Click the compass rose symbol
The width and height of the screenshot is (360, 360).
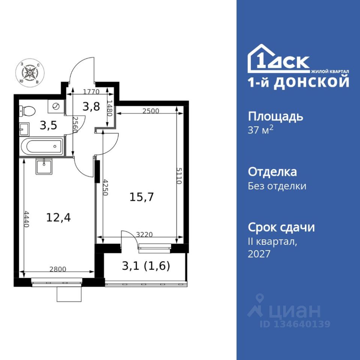click(x=29, y=72)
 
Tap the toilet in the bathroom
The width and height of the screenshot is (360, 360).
click(x=27, y=111)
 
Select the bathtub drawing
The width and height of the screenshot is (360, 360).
click(x=42, y=146)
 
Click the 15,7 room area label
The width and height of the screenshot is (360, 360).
click(x=141, y=197)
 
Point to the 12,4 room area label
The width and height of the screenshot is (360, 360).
click(x=58, y=217)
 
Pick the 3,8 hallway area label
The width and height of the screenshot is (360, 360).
click(x=91, y=106)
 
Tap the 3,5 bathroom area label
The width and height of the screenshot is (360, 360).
click(x=48, y=126)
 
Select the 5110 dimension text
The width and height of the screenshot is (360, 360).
click(x=179, y=175)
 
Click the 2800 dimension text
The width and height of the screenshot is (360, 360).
click(x=58, y=269)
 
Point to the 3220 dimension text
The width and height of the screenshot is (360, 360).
click(x=144, y=234)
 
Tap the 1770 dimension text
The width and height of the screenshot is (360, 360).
click(x=91, y=92)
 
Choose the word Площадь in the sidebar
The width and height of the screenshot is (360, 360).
click(x=276, y=117)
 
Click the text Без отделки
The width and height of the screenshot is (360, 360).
click(x=277, y=186)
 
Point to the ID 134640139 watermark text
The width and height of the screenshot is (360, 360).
click(x=295, y=324)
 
